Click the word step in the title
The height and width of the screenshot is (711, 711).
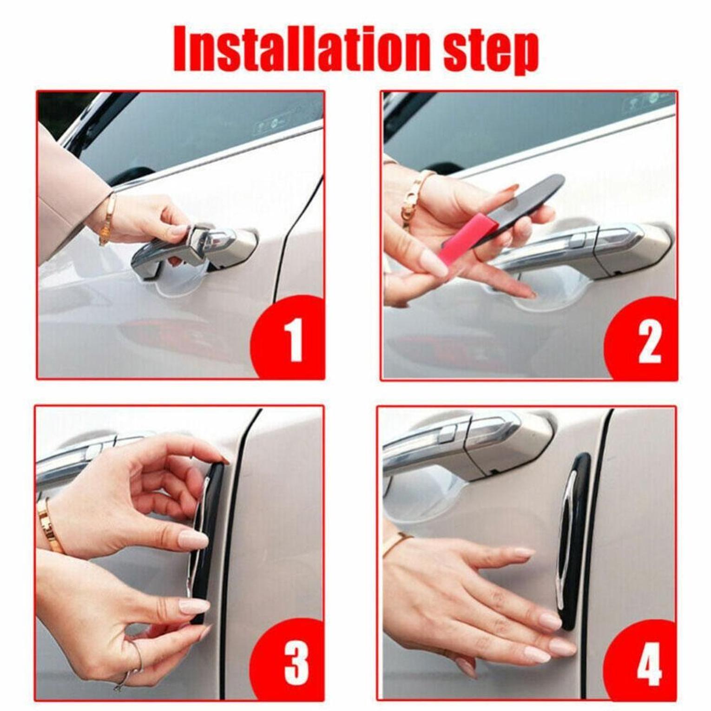coord(491,52)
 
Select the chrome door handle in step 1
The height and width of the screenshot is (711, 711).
coord(195,249)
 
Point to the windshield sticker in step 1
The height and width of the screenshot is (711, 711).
coord(267,125)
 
